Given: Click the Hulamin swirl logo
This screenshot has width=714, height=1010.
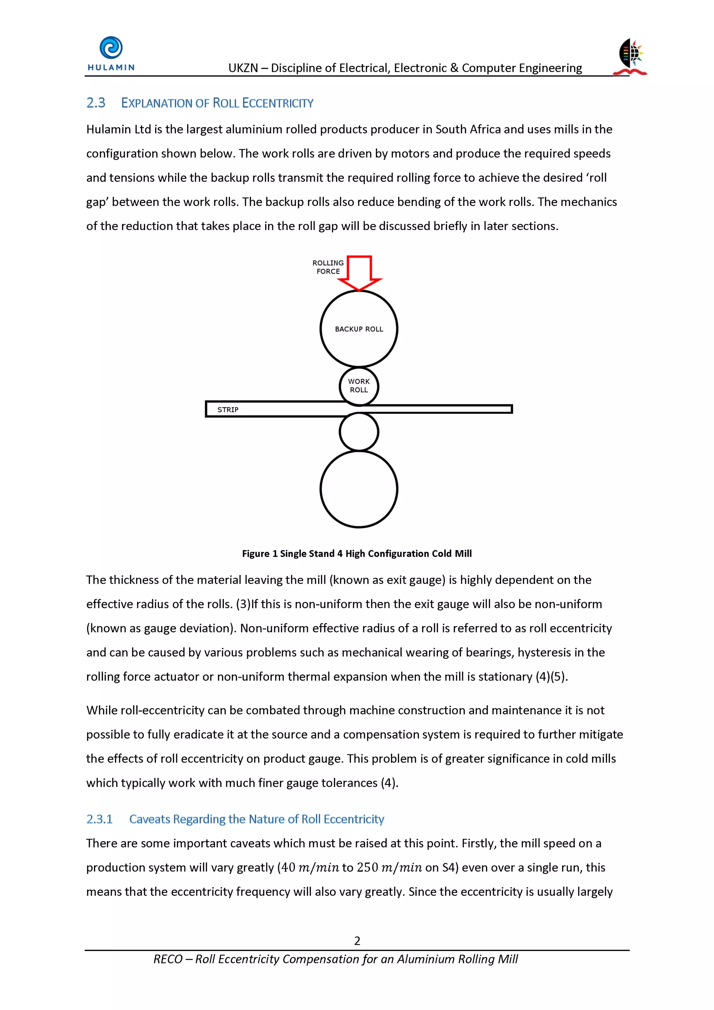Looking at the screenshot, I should coord(111,47).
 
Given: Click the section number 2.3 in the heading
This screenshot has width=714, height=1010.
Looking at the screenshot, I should coord(96,103).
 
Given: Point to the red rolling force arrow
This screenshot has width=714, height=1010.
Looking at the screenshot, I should coord(359,273).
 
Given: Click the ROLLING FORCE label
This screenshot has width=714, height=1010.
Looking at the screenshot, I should coord(328,267).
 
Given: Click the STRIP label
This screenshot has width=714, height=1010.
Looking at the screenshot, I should coord(228,410).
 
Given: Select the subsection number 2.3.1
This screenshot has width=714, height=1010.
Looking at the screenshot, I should coord(99,819).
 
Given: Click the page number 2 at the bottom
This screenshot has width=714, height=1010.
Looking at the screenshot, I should coord(357,941).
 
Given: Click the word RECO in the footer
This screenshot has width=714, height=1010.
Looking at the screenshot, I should coord(168,959).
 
